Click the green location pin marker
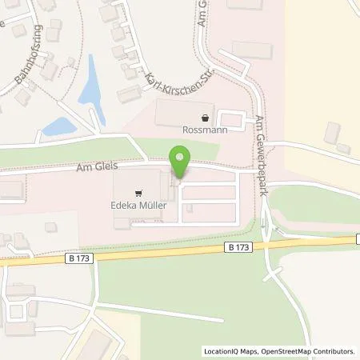click(180, 160)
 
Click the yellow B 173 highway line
click(160, 254)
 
